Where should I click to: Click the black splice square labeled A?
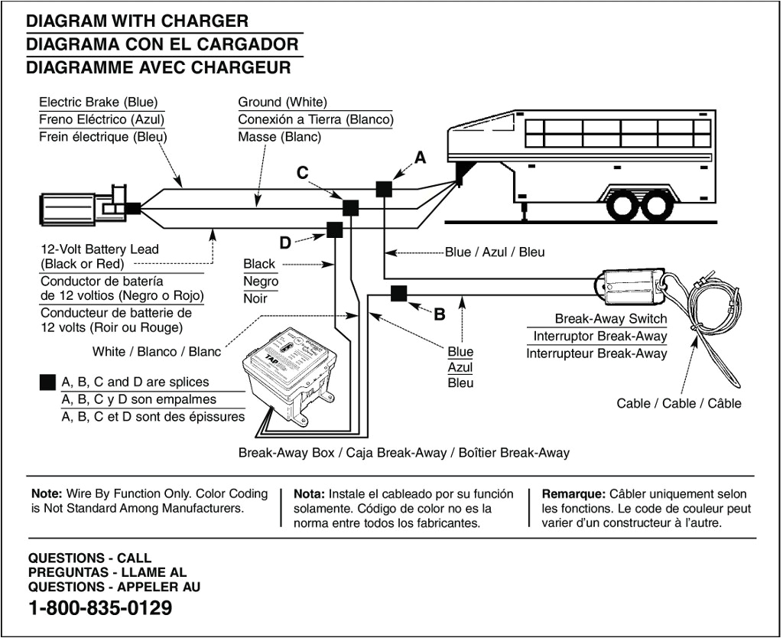click(x=384, y=188)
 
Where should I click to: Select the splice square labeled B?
click(x=399, y=294)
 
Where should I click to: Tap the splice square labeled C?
click(x=350, y=208)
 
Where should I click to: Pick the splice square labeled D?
click(x=335, y=229)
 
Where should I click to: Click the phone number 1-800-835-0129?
click(x=99, y=609)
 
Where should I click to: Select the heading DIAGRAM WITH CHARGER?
click(x=137, y=21)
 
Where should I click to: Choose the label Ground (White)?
click(x=282, y=103)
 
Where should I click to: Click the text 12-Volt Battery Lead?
click(x=99, y=249)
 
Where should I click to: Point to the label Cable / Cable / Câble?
click(x=678, y=403)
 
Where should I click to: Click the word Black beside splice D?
click(x=259, y=264)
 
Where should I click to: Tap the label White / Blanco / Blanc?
click(x=156, y=352)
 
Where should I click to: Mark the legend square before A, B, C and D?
click(x=47, y=382)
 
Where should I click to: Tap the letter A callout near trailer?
click(x=420, y=158)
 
